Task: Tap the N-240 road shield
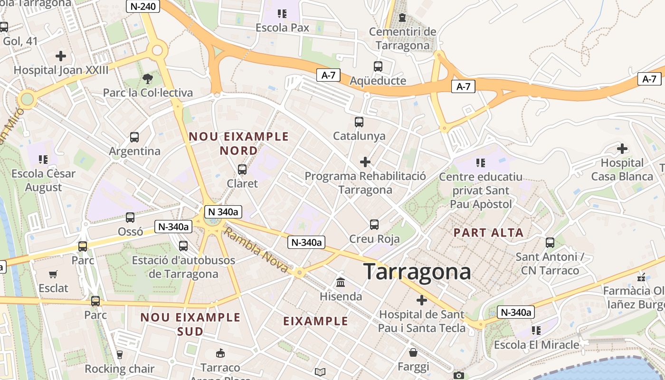(143, 6)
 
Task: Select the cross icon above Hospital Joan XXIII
(61, 56)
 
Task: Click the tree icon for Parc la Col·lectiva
(148, 78)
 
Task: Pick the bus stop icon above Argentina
(134, 137)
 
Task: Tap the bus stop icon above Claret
(242, 169)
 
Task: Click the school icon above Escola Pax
(282, 14)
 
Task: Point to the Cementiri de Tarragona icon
(402, 18)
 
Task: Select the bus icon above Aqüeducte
(378, 66)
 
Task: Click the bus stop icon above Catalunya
(359, 122)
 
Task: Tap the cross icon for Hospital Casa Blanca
(622, 149)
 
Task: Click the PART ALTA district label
(488, 233)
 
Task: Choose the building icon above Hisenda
(341, 283)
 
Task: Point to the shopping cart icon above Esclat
(53, 274)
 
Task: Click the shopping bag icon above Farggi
(413, 352)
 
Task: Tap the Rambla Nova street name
(256, 250)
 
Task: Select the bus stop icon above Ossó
(130, 218)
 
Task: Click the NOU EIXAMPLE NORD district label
(239, 143)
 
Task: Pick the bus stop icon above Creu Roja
(374, 224)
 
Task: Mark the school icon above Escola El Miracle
(536, 330)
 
